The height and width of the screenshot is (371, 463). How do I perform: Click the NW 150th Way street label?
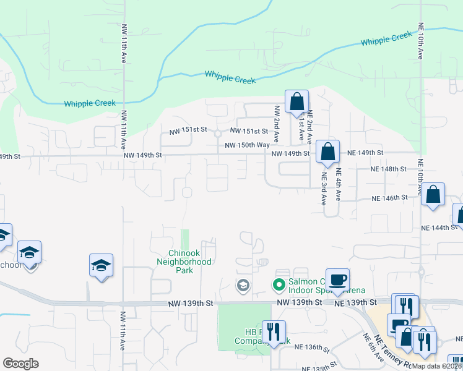247,145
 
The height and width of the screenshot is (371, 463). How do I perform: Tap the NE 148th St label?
388,168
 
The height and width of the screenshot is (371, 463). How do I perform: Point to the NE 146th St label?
390,198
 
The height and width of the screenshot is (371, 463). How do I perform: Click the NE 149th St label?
365,152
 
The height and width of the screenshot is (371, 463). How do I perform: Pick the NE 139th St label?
356,302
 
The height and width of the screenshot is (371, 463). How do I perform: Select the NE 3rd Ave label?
324,188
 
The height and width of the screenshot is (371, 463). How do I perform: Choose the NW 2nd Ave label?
277,124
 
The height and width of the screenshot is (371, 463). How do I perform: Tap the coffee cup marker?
338,279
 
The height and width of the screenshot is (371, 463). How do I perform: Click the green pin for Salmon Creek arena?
279,285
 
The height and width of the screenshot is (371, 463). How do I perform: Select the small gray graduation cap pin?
242,285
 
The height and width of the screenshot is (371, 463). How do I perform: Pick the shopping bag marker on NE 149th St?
327,151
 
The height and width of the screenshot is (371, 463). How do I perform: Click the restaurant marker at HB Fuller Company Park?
270,331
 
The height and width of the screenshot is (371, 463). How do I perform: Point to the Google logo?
20,363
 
